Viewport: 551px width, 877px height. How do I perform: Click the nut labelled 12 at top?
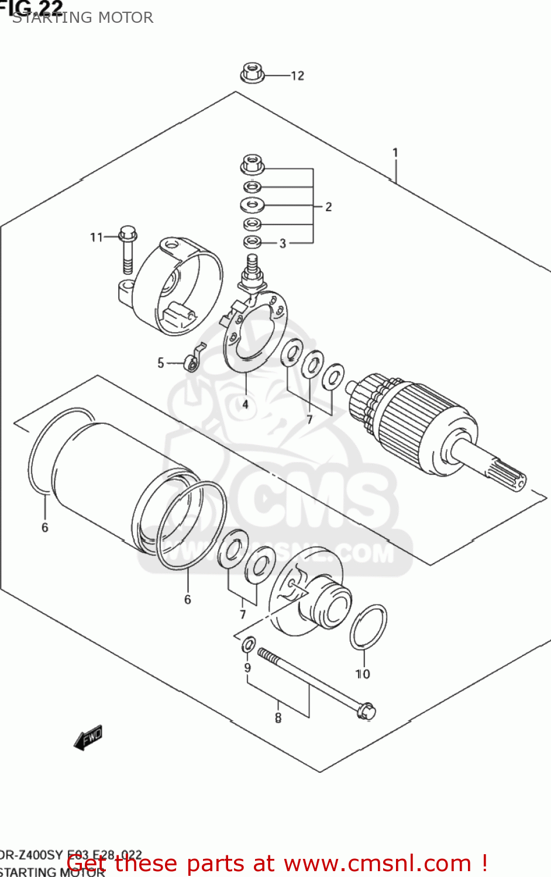coord(252,74)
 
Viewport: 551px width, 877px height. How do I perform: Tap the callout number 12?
coord(298,75)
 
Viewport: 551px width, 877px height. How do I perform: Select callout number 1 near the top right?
coord(395,153)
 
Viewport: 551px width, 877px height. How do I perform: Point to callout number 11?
coord(96,237)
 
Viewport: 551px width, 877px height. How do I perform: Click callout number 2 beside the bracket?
coord(329,206)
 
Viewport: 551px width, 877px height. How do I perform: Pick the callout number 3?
coord(283,243)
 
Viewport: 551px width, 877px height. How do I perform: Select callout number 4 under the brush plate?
coord(246,404)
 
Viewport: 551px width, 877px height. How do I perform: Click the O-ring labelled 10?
coord(369,627)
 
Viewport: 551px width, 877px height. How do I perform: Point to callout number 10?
coord(363,674)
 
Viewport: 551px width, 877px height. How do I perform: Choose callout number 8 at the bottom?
coord(278,717)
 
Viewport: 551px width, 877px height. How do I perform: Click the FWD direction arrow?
coord(88,737)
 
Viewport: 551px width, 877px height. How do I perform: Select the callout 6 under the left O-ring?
coord(45,527)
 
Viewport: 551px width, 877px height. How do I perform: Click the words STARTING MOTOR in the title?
coord(83,18)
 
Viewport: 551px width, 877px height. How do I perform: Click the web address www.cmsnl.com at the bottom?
coord(380,864)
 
